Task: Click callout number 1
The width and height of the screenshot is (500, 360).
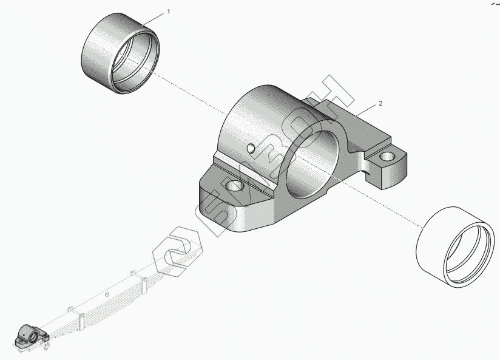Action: click(x=168, y=12)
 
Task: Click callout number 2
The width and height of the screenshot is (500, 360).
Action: click(x=380, y=104)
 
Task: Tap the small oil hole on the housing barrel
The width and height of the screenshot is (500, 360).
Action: click(x=251, y=147)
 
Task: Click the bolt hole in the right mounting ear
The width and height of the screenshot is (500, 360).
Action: click(x=386, y=158)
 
